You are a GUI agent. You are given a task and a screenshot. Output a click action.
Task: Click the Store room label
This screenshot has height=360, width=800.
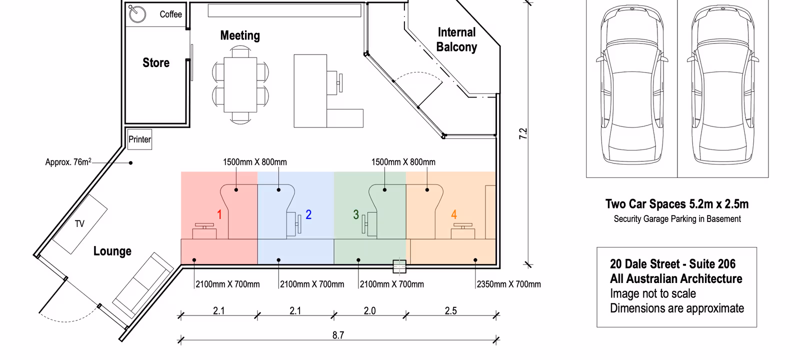tap(156, 63)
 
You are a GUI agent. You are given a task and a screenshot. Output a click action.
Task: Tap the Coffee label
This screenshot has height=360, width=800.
tap(170, 14)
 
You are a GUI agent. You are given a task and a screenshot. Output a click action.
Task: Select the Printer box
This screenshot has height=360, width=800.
tap(139, 139)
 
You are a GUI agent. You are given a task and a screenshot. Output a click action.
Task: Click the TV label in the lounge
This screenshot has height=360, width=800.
tap(79, 224)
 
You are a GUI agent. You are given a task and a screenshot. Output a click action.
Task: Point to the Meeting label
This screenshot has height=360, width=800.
tap(240, 35)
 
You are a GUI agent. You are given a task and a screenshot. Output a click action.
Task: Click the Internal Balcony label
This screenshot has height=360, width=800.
tap(456, 39)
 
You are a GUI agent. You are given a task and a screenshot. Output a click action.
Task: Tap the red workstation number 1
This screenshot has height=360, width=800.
tap(219, 214)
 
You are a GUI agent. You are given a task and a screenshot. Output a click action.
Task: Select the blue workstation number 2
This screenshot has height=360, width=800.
tap(308, 214)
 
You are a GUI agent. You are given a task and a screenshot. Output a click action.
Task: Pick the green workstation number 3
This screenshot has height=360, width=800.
tap(356, 214)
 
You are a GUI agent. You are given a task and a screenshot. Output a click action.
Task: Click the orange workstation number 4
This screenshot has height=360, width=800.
tap(454, 214)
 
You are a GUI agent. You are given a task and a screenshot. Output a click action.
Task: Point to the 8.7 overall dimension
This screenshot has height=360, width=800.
tap(338, 335)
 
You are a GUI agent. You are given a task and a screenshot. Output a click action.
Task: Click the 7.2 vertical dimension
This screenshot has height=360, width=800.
tap(523, 133)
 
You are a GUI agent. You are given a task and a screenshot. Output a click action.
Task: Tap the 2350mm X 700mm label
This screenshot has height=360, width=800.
tap(508, 284)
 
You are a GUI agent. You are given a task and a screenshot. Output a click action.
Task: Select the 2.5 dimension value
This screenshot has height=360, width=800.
tap(450, 311)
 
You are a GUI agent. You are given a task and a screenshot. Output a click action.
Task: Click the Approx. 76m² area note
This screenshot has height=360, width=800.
tap(68, 162)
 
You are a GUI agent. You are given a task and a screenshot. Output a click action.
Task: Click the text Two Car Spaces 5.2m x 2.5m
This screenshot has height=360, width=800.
tap(677, 204)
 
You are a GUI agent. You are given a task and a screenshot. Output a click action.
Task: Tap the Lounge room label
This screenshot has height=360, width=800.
tap(112, 251)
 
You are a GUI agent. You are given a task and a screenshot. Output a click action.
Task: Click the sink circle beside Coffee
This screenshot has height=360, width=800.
tap(137, 14)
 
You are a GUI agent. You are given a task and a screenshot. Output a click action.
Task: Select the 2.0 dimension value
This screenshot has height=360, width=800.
tap(369, 311)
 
